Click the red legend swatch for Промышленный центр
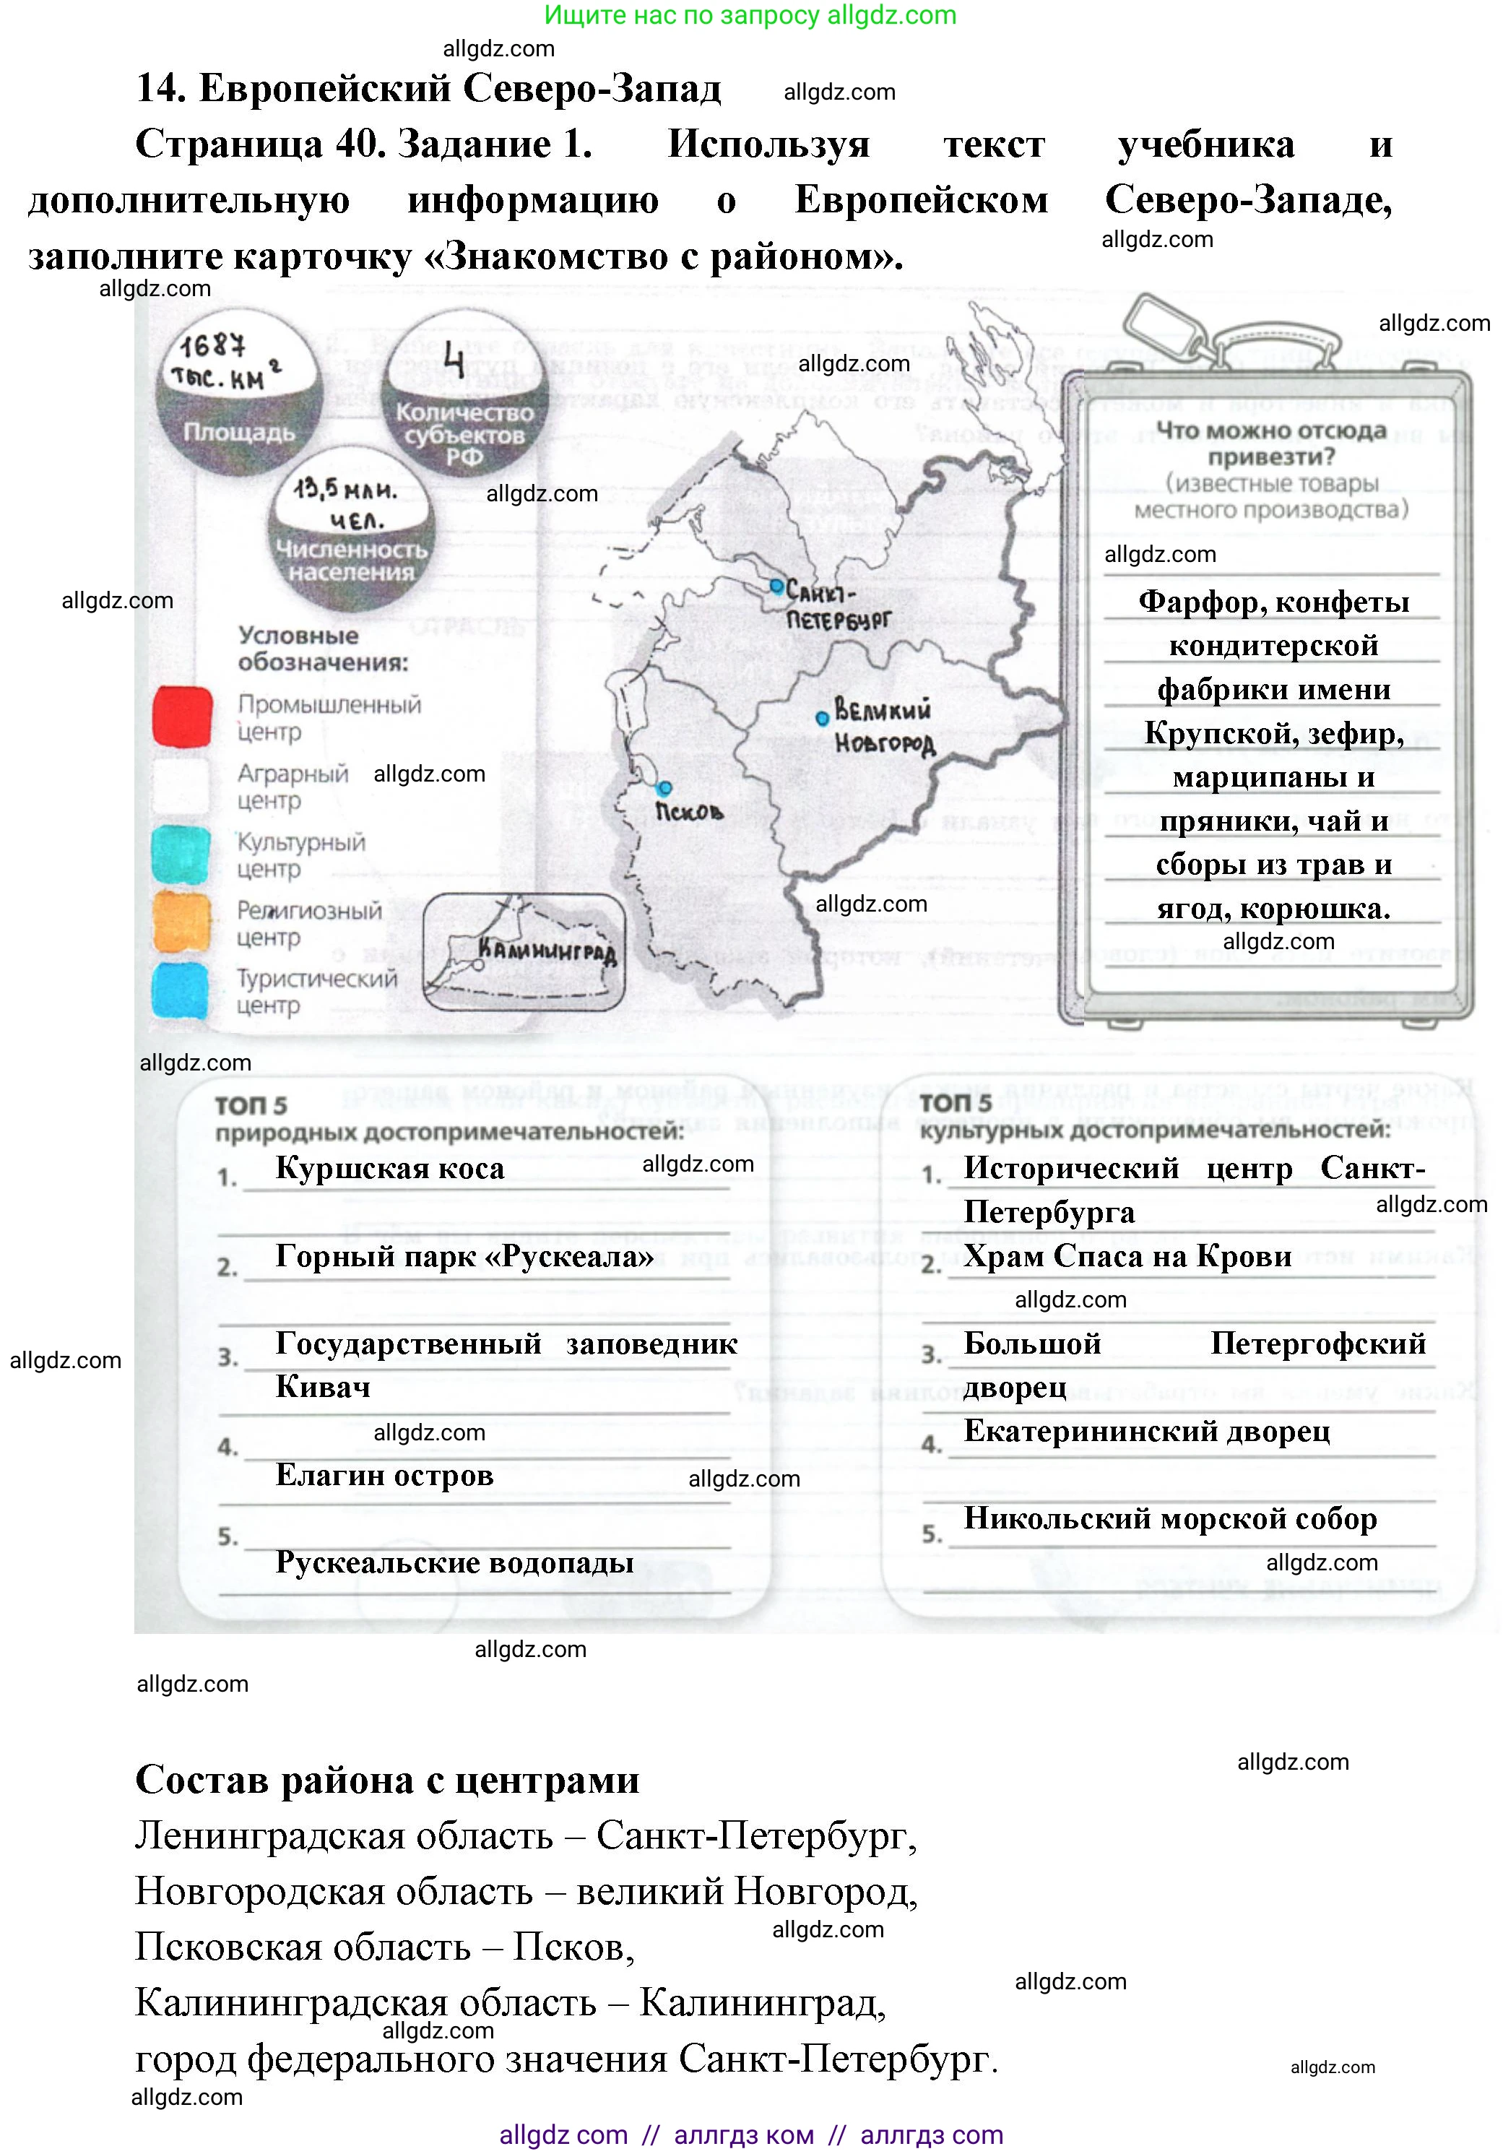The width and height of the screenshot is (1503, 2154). (182, 717)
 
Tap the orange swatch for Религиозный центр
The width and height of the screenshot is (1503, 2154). (181, 922)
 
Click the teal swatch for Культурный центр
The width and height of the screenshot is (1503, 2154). (181, 854)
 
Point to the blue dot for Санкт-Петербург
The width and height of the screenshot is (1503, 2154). (777, 585)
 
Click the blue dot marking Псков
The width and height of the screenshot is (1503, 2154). (665, 787)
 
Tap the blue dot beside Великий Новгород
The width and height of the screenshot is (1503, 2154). (823, 719)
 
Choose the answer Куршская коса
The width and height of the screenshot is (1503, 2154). (389, 1169)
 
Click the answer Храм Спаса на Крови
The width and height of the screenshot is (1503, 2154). (1127, 1256)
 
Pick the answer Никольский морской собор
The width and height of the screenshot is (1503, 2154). (1170, 1519)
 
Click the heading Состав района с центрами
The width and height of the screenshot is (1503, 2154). (387, 1781)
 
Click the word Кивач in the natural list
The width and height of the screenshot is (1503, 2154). (323, 1388)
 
